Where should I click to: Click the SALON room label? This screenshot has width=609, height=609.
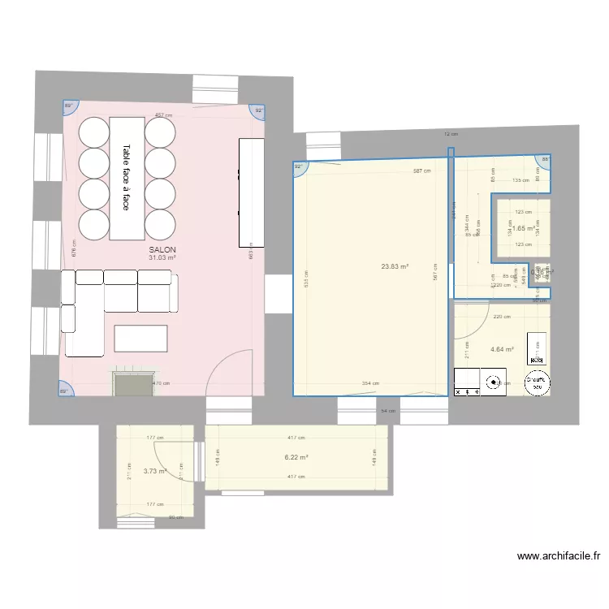(162, 249)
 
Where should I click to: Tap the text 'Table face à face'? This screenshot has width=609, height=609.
(126, 178)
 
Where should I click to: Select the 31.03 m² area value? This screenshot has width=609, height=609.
(162, 257)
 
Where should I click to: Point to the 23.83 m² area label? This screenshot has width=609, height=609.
(395, 266)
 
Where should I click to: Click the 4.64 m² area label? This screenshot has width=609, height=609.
(502, 350)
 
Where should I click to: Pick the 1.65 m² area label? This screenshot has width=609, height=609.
(524, 229)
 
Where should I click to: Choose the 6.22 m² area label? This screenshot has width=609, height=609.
(296, 457)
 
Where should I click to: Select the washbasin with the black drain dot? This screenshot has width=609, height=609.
(492, 382)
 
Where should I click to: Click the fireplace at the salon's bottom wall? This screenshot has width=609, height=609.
(132, 384)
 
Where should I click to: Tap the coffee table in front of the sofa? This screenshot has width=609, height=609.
(141, 338)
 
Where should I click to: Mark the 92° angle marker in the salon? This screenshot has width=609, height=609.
(259, 110)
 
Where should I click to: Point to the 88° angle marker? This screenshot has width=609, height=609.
(545, 160)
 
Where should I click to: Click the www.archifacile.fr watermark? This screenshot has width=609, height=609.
(558, 557)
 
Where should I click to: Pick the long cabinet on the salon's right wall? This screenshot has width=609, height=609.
(251, 192)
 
